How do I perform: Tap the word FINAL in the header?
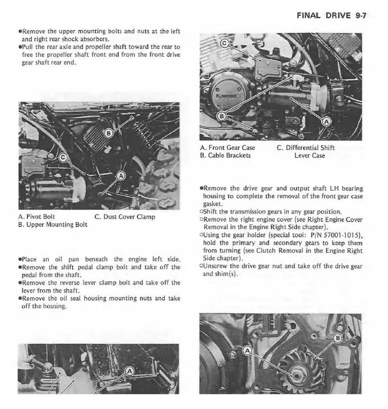tap(308, 16)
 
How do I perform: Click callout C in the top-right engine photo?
tap(224, 43)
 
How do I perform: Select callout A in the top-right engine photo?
tap(326, 121)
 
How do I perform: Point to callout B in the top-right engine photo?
tap(222, 116)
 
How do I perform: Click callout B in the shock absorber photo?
tap(109, 133)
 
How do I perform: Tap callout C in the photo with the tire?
tap(63, 157)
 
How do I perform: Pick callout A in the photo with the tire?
tap(121, 176)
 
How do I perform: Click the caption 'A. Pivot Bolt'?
tap(36, 217)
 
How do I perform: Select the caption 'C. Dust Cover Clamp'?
tap(125, 217)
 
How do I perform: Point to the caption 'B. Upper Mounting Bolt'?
tap(53, 225)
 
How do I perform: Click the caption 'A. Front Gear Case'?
tap(227, 148)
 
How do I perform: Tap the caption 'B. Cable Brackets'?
tap(225, 155)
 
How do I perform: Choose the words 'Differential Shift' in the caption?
tap(310, 148)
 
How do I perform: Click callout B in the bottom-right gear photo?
tap(338, 338)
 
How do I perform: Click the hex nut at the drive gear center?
tap(295, 375)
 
